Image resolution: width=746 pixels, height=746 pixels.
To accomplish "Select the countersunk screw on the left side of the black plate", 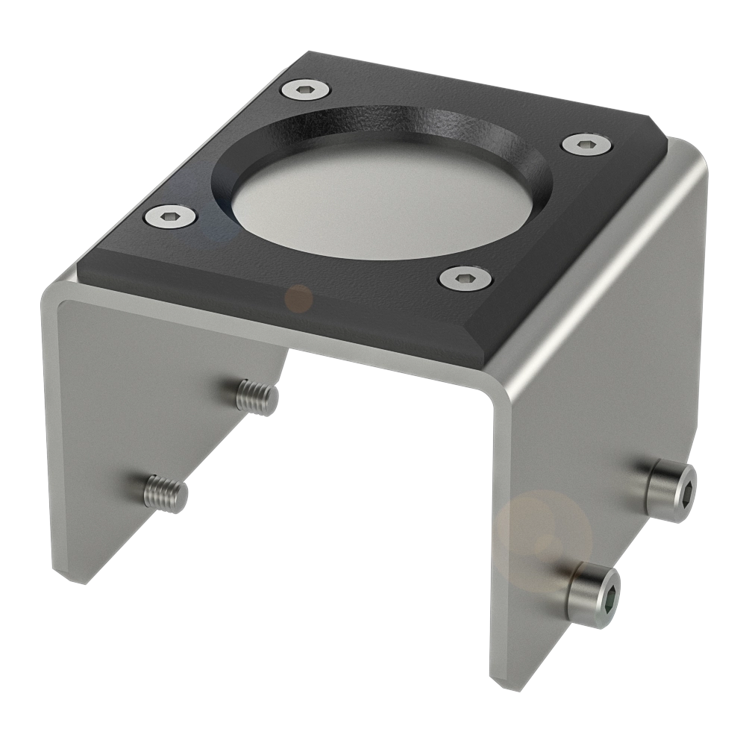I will click(170, 217).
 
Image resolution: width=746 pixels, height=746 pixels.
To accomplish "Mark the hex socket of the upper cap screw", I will click(686, 494).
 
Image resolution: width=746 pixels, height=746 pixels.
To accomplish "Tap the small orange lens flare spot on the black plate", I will click(299, 298).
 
